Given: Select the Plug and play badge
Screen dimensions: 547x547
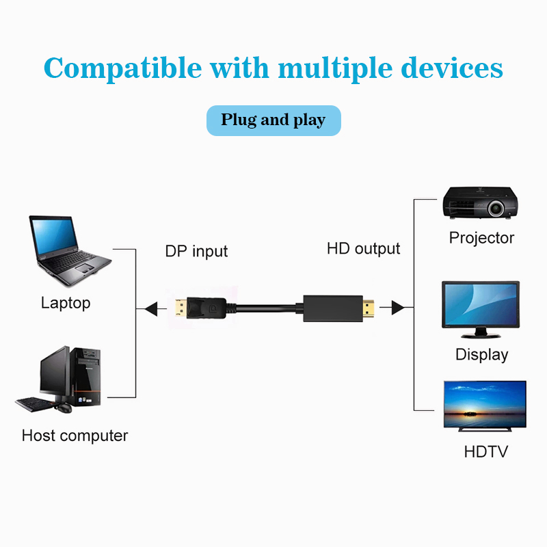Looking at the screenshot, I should tap(273, 120).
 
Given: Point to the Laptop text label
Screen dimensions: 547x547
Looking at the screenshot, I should tap(66, 303).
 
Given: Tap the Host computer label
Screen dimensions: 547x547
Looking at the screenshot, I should tap(75, 436).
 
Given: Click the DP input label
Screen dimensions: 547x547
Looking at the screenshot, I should tap(196, 252).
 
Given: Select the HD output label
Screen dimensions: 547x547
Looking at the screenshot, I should tap(363, 248).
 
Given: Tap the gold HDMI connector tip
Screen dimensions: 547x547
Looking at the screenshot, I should tap(368, 308).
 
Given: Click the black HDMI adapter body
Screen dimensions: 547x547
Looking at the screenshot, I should tap(330, 308).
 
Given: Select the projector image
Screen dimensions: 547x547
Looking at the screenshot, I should tap(479, 203).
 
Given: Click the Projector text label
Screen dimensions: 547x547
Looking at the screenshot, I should tap(481, 238).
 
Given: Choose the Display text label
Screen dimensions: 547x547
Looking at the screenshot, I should tap(482, 354).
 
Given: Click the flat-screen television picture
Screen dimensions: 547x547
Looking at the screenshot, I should tap(485, 405).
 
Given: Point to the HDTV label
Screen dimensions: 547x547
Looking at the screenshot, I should tap(485, 451).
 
